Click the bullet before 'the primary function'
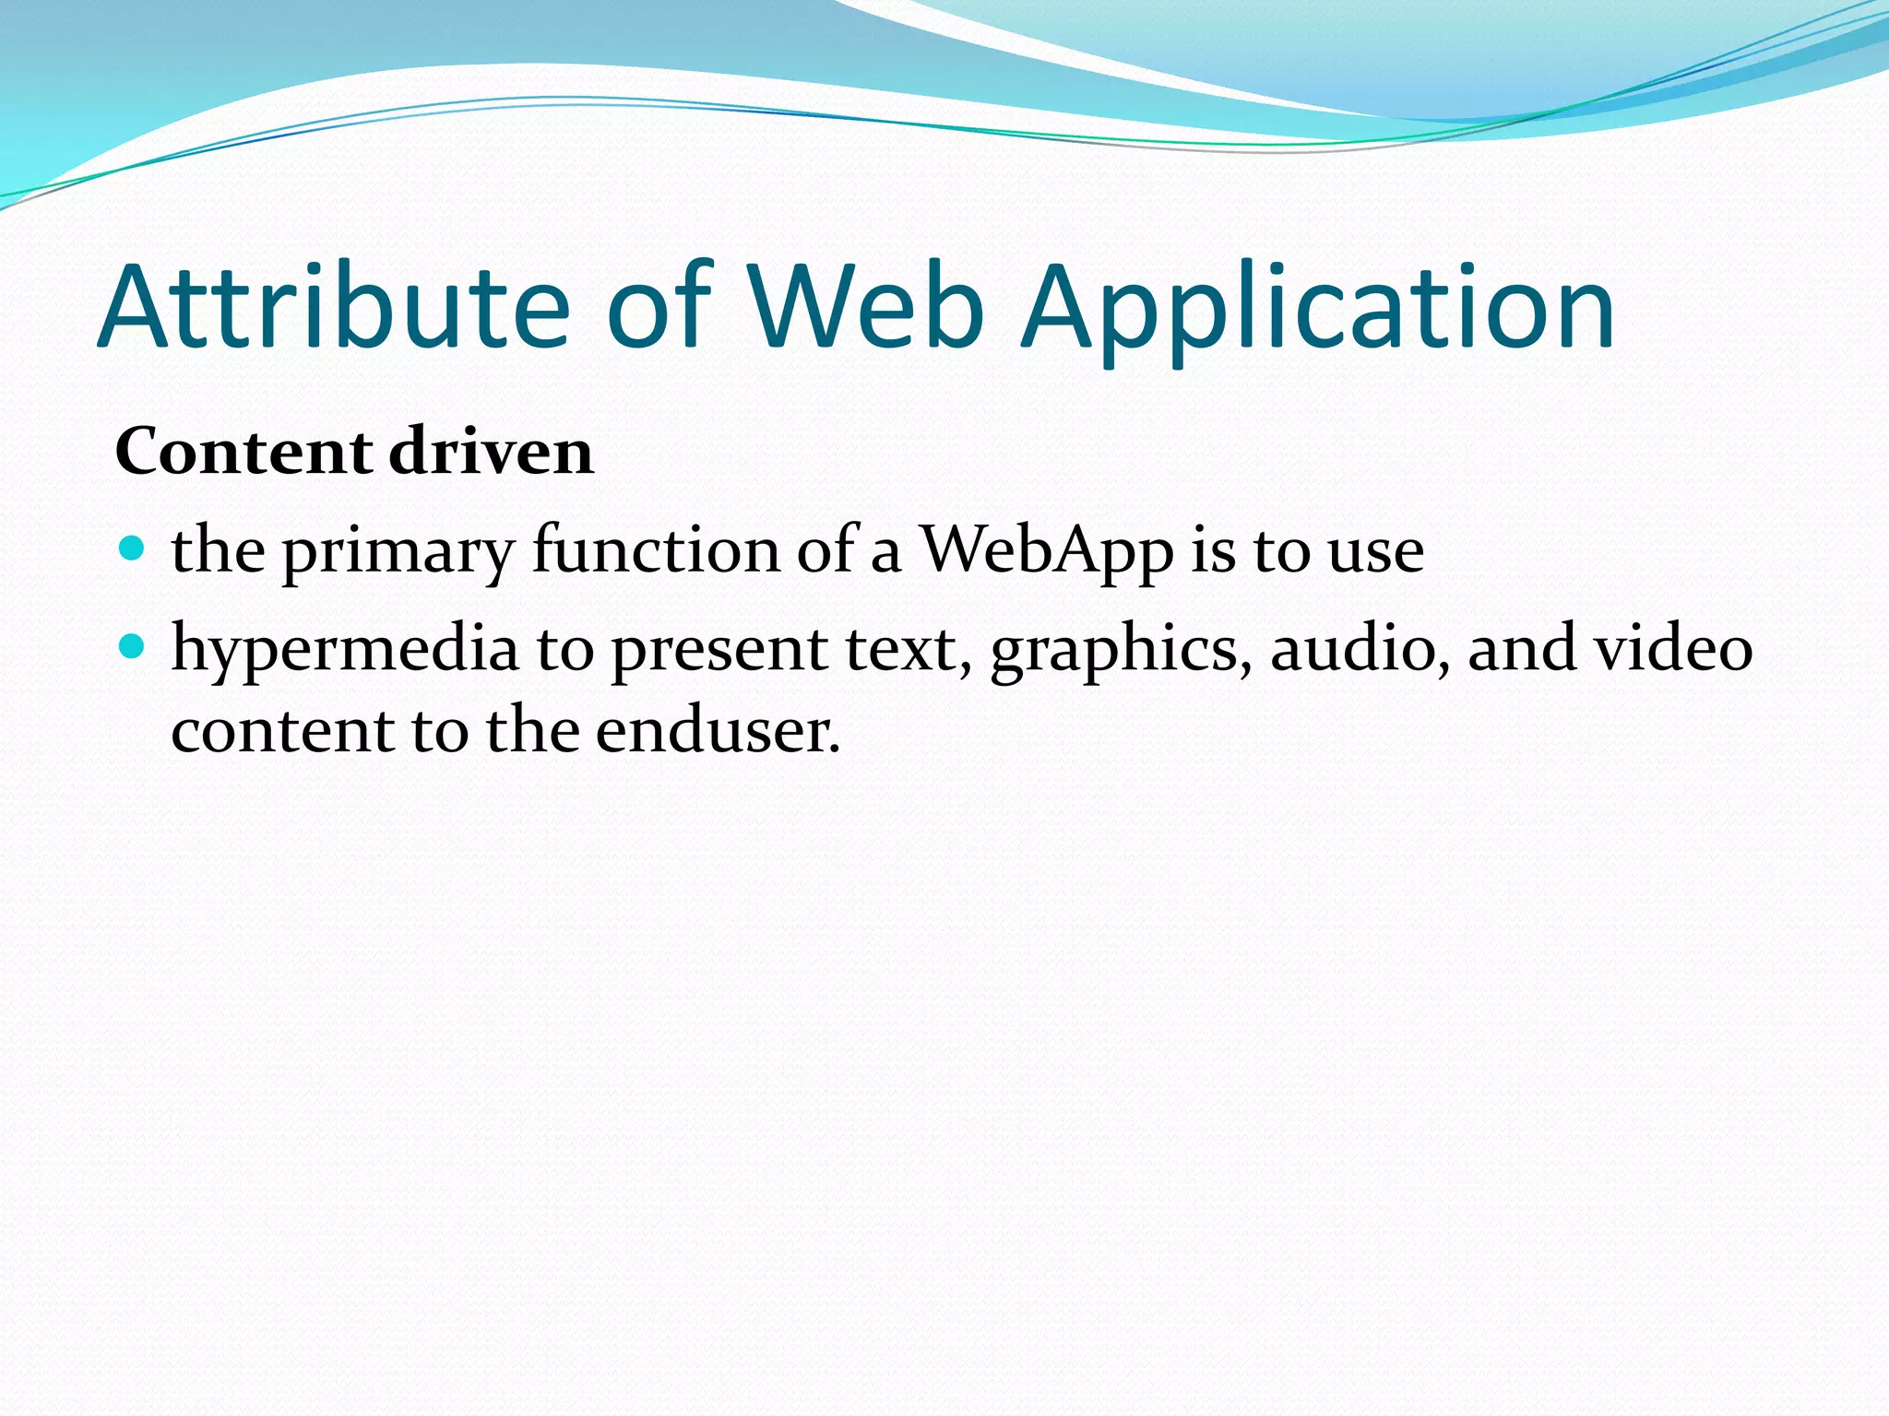click(x=133, y=549)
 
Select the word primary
click(x=398, y=551)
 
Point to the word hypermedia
click(x=345, y=649)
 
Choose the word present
click(x=719, y=649)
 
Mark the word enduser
click(x=718, y=730)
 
